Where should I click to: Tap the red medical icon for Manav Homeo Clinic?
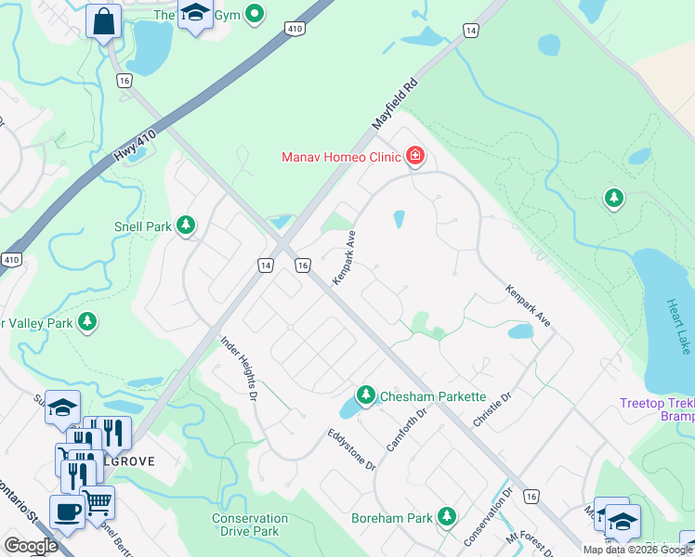(414, 155)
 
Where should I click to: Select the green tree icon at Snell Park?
(187, 226)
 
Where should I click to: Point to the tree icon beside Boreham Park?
(447, 515)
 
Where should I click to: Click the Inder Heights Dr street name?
(238, 369)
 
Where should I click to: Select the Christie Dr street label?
(492, 409)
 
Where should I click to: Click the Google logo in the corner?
(31, 546)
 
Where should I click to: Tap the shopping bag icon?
(103, 20)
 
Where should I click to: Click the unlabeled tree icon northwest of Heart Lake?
(613, 198)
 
